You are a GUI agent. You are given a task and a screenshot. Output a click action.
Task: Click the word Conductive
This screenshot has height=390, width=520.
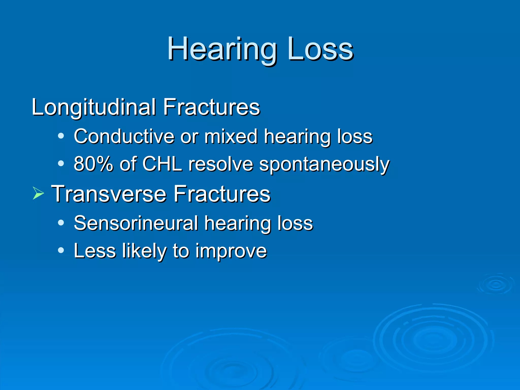(124, 137)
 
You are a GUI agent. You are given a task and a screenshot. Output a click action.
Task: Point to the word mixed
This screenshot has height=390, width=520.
(231, 137)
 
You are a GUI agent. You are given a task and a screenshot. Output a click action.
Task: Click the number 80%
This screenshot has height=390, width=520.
(93, 164)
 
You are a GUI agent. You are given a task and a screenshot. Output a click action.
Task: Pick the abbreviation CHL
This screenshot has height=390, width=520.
(162, 164)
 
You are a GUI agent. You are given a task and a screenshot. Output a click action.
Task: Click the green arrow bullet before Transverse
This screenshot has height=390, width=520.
(38, 194)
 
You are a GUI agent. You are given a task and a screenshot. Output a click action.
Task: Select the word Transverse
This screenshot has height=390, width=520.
(109, 194)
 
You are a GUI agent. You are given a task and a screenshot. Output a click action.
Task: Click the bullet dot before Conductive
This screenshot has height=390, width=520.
(61, 136)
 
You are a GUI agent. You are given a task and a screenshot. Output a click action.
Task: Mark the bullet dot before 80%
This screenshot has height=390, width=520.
(61, 163)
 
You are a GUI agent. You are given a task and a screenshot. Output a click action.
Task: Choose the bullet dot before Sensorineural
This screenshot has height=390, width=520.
(61, 223)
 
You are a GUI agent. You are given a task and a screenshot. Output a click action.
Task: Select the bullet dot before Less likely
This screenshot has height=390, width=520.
(61, 250)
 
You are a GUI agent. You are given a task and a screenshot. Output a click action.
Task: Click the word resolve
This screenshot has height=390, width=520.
(221, 164)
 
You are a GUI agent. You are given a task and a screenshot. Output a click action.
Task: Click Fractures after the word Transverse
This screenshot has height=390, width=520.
(222, 194)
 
